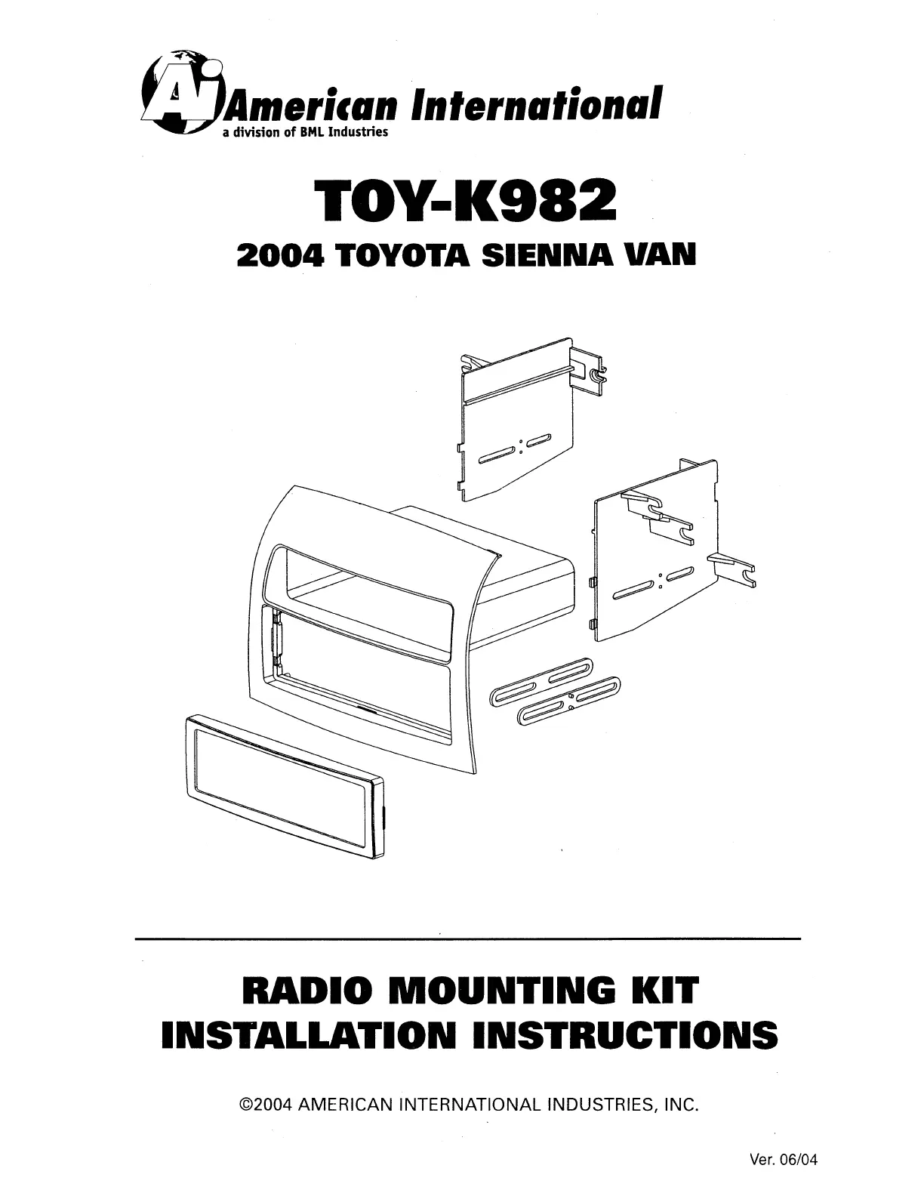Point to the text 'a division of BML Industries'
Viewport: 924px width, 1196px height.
[x=304, y=133]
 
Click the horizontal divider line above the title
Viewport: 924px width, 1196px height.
[x=467, y=939]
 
